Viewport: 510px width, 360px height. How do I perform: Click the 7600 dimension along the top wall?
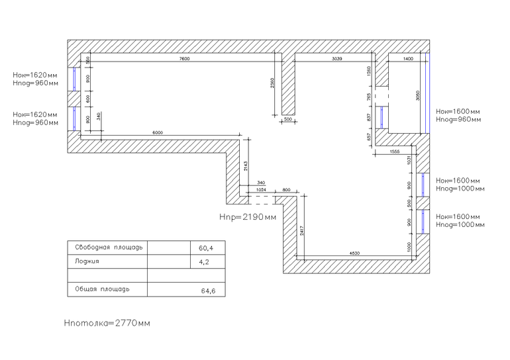pyautogui.click(x=183, y=60)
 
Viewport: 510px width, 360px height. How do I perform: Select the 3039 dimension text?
pyautogui.click(x=336, y=60)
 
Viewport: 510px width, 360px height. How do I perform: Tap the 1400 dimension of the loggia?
pyautogui.click(x=407, y=60)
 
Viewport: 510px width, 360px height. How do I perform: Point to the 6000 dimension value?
pyautogui.click(x=157, y=133)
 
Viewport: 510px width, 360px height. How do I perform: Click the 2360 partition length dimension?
pyautogui.click(x=272, y=83)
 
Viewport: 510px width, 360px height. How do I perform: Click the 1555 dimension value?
pyautogui.click(x=394, y=152)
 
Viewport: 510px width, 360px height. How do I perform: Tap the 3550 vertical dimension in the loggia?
pyautogui.click(x=418, y=95)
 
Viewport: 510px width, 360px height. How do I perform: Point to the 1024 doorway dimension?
pyautogui.click(x=261, y=190)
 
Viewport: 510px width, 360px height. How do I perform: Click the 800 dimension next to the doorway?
pyautogui.click(x=286, y=190)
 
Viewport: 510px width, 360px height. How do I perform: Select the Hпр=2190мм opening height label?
pyautogui.click(x=247, y=217)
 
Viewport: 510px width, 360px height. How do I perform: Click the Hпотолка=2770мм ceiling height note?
pyautogui.click(x=107, y=324)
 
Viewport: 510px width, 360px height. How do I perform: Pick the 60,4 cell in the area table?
pyautogui.click(x=206, y=248)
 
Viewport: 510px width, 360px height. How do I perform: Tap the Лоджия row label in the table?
pyautogui.click(x=87, y=261)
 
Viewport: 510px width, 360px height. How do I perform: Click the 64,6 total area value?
pyautogui.click(x=209, y=290)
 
